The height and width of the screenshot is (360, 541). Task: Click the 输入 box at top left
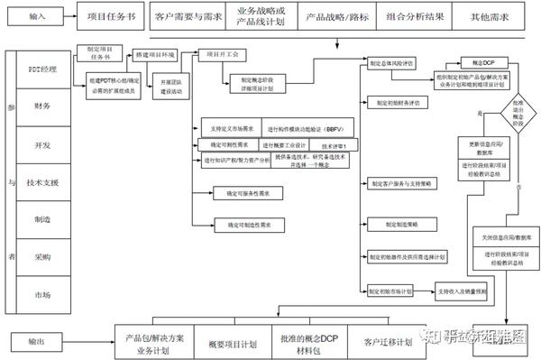tap(35, 17)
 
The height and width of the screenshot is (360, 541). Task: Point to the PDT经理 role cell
tap(42, 69)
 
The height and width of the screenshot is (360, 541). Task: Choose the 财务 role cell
tap(42, 106)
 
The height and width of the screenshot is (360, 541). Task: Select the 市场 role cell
tap(42, 295)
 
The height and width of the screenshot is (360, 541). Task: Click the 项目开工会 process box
tap(221, 54)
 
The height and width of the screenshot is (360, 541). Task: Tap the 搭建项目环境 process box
tap(155, 55)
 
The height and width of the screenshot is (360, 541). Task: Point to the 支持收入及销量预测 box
tap(461, 291)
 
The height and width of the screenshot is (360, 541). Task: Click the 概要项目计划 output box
tap(232, 344)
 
